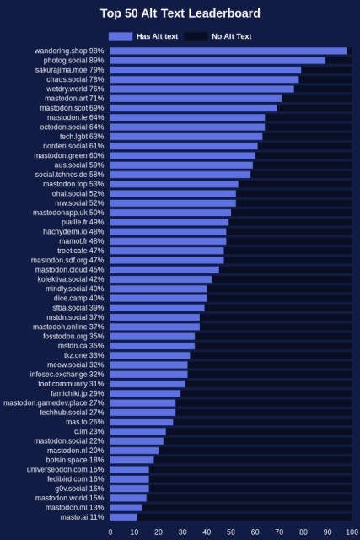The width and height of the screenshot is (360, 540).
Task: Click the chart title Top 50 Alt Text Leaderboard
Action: [x=180, y=13]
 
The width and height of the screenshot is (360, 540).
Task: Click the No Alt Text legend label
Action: [x=231, y=36]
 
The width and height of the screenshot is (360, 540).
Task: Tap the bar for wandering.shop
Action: [x=228, y=51]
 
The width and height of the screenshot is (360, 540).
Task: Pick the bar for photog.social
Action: [x=218, y=61]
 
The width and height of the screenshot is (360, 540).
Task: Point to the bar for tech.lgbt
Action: [x=186, y=137]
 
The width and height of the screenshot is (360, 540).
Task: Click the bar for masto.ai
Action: [x=123, y=516]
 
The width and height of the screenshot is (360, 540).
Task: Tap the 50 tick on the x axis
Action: [x=231, y=532]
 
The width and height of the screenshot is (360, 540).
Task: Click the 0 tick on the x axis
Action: [x=110, y=532]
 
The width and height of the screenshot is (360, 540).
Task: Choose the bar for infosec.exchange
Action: [x=149, y=374]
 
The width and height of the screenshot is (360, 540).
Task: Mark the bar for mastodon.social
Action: [x=137, y=440]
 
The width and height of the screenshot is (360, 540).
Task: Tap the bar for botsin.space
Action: [x=132, y=460]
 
